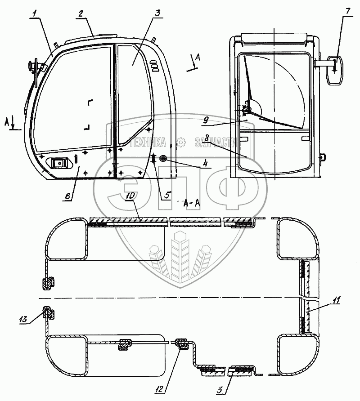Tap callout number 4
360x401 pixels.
click(x=205, y=163)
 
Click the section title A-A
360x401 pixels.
click(x=192, y=204)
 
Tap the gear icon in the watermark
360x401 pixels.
click(x=181, y=143)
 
